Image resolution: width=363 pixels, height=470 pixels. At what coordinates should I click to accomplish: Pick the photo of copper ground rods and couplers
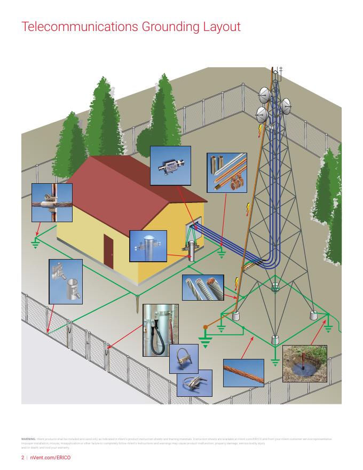click(x=227, y=172)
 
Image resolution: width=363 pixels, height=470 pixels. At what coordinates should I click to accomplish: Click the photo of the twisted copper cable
click(x=243, y=372)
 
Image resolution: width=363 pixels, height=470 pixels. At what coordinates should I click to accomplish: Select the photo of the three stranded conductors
click(x=202, y=287)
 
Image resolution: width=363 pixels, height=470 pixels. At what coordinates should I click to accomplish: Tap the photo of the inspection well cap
click(x=148, y=246)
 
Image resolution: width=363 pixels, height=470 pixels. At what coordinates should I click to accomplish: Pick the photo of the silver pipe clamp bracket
click(x=65, y=280)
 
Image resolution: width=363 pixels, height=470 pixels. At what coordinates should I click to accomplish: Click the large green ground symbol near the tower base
click(x=205, y=340)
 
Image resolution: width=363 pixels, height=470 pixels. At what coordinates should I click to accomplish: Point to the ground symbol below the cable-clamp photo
click(x=36, y=244)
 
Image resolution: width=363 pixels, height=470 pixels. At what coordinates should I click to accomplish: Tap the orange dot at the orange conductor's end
click(x=205, y=327)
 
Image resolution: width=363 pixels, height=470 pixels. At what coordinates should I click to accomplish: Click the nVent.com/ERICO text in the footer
click(x=48, y=458)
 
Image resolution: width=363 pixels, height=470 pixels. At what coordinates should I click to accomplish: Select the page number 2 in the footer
click(x=22, y=458)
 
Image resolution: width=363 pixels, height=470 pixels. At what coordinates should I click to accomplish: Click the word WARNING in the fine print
click(x=28, y=438)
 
